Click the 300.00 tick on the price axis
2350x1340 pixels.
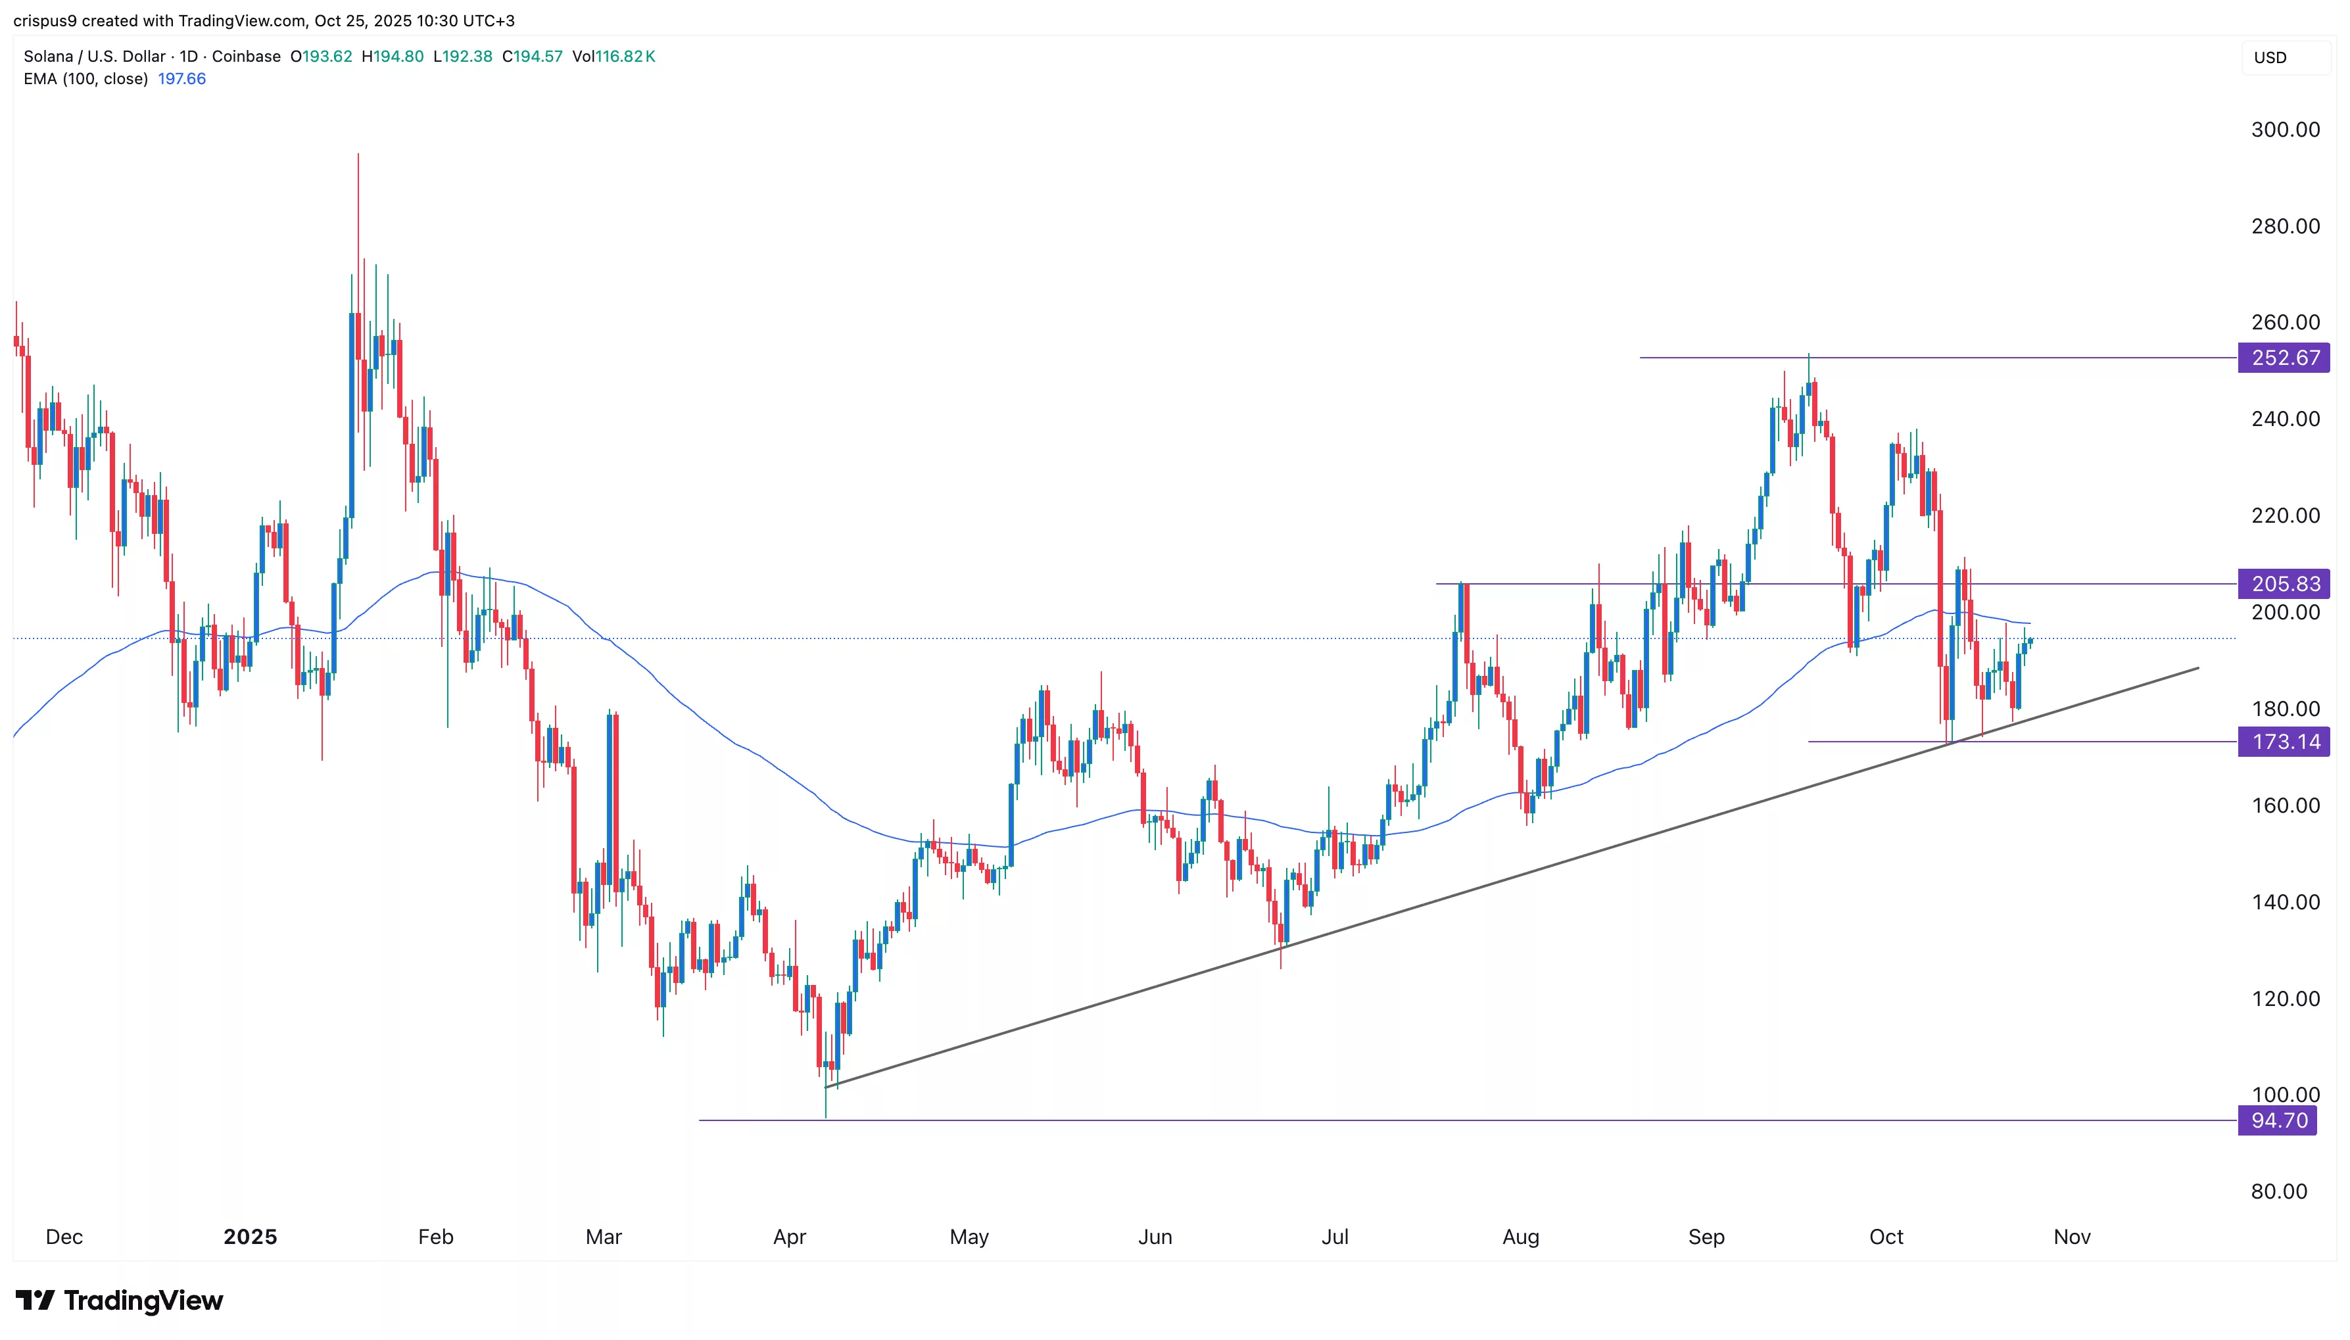[2285, 130]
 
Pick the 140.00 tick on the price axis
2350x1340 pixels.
[2285, 902]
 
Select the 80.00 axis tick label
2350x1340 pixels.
[2278, 1191]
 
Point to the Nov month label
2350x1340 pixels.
[2072, 1237]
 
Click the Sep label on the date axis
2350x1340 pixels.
[1706, 1237]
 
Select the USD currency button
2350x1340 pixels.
[2270, 57]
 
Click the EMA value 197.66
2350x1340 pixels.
[182, 79]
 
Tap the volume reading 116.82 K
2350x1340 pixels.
[625, 56]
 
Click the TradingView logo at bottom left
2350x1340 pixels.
[120, 1301]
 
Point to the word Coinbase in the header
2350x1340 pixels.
[246, 56]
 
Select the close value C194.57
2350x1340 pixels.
[532, 56]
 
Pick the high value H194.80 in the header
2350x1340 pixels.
[393, 56]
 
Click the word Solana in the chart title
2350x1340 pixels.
[48, 56]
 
